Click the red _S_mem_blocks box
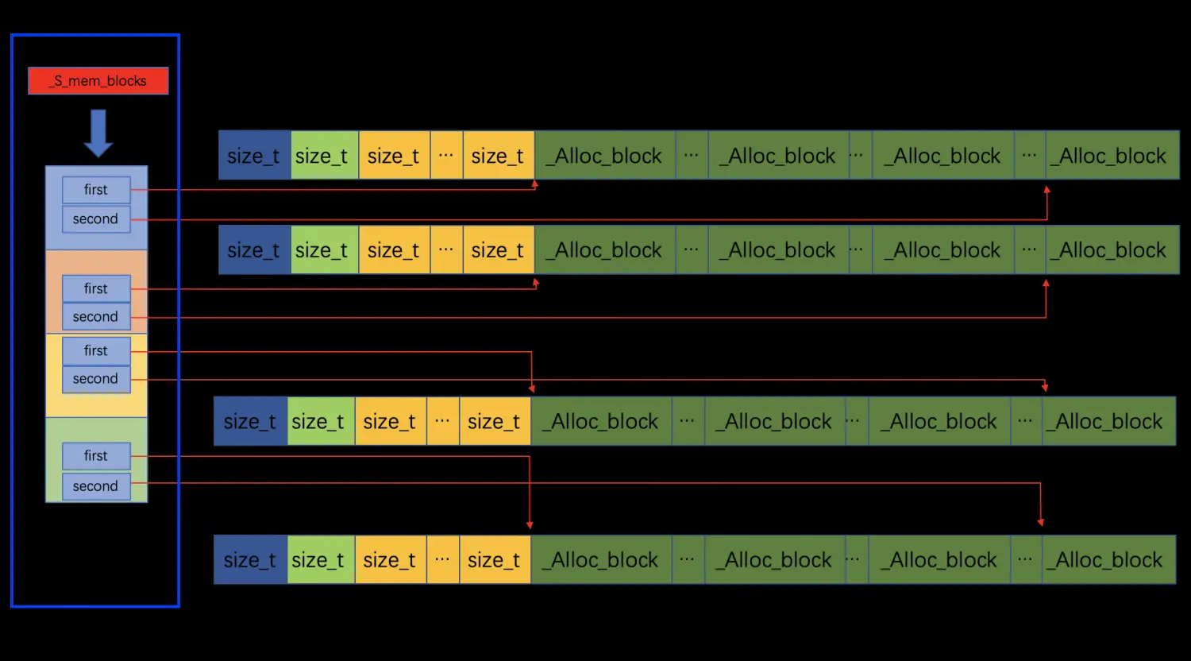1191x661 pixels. pos(98,81)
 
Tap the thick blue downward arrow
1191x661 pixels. pos(98,133)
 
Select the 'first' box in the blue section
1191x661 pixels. pos(96,190)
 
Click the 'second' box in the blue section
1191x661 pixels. pos(96,219)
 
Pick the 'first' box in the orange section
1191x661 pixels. pos(96,289)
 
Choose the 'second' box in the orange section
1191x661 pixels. pos(96,317)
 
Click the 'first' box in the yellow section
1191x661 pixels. pos(96,351)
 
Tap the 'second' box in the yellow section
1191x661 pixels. pos(96,379)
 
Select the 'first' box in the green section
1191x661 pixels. pos(96,456)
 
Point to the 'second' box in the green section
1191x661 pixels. pos(96,486)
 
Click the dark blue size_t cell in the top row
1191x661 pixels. pos(254,156)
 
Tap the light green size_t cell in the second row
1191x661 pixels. pos(324,250)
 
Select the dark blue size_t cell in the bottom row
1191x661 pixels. pos(250,560)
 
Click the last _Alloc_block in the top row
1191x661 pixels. pos(1112,156)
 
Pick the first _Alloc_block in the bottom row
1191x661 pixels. pos(602,560)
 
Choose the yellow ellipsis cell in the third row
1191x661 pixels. pos(442,421)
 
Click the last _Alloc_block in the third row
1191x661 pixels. pos(1108,421)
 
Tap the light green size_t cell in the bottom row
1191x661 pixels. pos(320,560)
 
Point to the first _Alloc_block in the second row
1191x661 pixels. pos(605,250)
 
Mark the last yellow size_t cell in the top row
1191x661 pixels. pos(498,156)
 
